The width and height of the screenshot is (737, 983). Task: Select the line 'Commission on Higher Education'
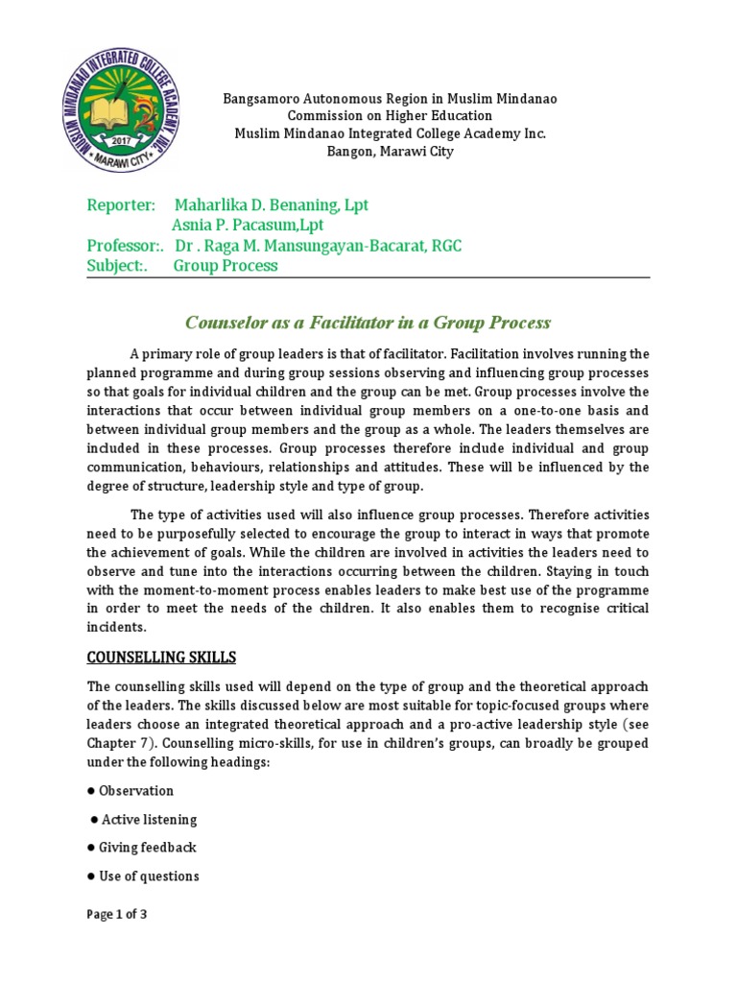[390, 116]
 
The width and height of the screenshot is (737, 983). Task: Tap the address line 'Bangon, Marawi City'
[390, 151]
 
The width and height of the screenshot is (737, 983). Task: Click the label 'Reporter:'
[121, 205]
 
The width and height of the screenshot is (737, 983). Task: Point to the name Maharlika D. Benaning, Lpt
[271, 205]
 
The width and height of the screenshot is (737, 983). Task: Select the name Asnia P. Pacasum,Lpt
[247, 226]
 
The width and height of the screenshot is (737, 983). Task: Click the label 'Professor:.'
[125, 246]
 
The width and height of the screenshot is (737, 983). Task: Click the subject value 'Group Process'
[226, 266]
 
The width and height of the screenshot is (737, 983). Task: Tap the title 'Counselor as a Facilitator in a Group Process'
[368, 323]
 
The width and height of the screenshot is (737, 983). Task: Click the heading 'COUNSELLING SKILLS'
[161, 658]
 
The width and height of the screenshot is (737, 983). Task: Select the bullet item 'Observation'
[135, 791]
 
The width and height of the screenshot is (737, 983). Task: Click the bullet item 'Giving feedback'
[147, 848]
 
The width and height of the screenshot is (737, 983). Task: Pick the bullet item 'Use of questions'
[149, 876]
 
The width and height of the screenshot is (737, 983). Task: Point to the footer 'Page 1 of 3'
[117, 915]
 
